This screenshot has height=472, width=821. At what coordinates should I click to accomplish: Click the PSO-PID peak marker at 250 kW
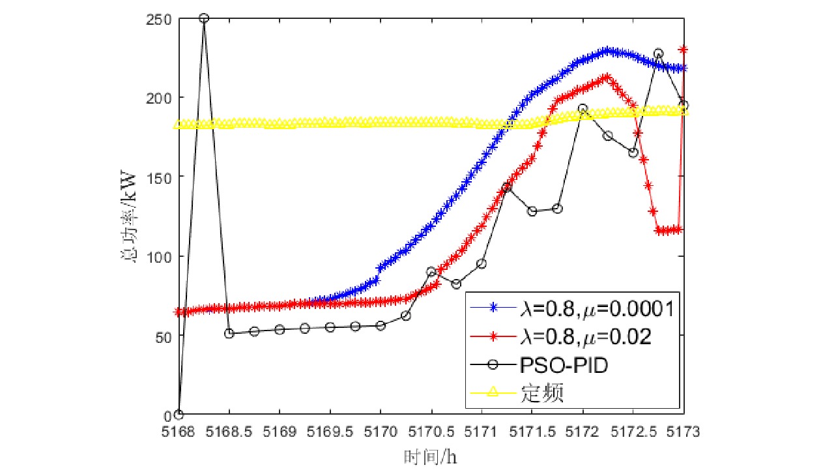[204, 18]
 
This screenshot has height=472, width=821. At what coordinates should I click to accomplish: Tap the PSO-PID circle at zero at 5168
[179, 415]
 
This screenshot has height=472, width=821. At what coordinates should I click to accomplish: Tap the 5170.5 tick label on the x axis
[431, 431]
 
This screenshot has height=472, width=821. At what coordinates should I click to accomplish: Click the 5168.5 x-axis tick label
[229, 431]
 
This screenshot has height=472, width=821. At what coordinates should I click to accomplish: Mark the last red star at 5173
[684, 49]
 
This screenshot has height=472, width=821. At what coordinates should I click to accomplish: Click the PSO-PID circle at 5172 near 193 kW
[583, 109]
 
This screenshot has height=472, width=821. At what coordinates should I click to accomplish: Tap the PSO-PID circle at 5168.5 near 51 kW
[229, 333]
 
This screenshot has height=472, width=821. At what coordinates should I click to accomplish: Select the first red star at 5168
[179, 312]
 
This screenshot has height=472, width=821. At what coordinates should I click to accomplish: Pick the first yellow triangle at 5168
[179, 124]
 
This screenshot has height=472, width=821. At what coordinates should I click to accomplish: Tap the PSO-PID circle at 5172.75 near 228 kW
[658, 53]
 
